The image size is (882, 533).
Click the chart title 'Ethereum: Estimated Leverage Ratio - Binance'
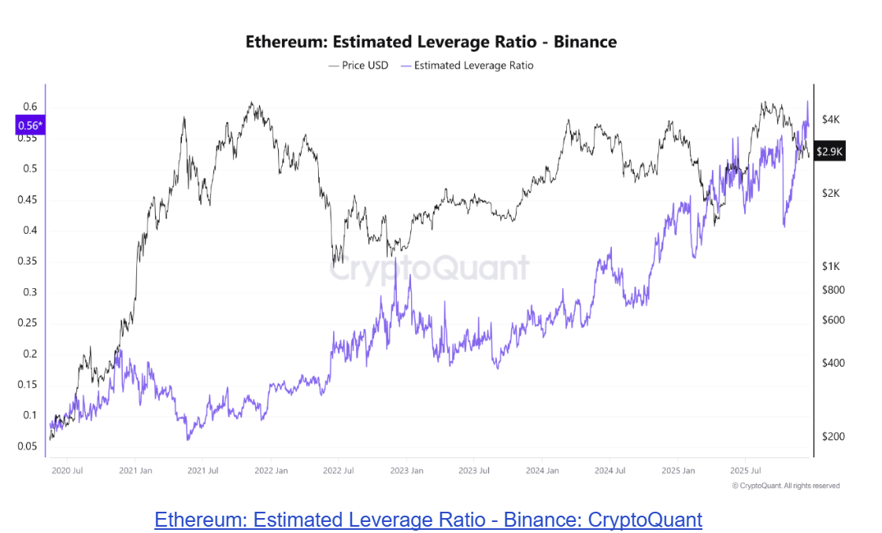(x=431, y=42)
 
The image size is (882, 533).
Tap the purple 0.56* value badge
(x=30, y=125)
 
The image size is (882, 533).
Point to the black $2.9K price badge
(x=830, y=150)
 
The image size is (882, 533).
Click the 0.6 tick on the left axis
(x=30, y=107)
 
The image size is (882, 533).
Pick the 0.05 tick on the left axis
(x=28, y=446)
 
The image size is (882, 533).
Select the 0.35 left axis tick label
(x=28, y=261)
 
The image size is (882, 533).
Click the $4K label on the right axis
(x=831, y=120)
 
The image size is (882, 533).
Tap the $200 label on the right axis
(x=832, y=437)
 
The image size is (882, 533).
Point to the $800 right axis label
(x=832, y=290)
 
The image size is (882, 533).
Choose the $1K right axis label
(x=831, y=267)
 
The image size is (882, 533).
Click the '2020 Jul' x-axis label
(x=66, y=471)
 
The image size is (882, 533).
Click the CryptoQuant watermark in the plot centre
(x=429, y=268)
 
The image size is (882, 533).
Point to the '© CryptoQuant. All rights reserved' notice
(x=785, y=486)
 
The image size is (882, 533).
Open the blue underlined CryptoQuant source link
(x=428, y=520)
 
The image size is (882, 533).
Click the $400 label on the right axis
(x=832, y=363)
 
